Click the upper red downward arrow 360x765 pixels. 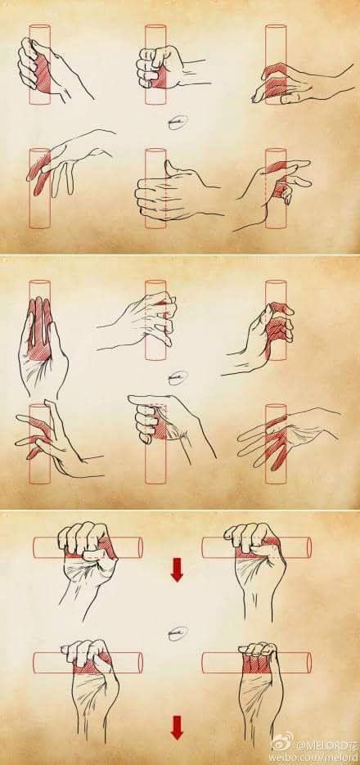[176, 569]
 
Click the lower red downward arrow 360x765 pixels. [176, 727]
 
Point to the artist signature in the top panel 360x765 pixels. [176, 124]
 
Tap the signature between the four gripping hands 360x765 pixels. [177, 632]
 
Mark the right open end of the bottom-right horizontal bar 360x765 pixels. [306, 661]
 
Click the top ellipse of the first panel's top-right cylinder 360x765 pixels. [276, 28]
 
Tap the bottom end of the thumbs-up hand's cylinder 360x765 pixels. [156, 226]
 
